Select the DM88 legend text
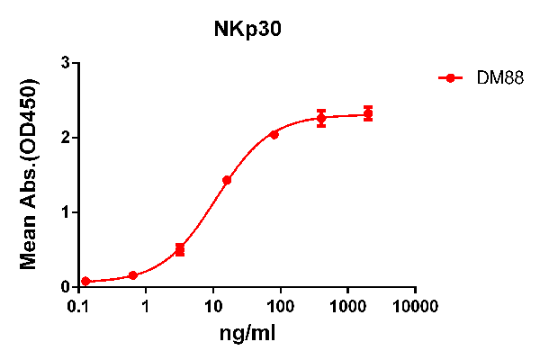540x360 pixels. [x=495, y=78]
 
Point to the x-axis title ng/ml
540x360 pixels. [x=247, y=334]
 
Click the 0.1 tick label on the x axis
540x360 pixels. [x=78, y=305]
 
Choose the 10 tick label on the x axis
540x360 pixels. [x=213, y=305]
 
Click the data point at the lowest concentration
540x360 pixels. [x=85, y=282]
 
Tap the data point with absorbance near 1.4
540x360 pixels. [x=227, y=180]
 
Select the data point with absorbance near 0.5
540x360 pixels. [x=180, y=249]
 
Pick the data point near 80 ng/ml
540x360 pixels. [x=274, y=134]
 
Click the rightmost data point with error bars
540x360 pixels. [x=368, y=114]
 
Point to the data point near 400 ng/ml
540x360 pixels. [x=321, y=118]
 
